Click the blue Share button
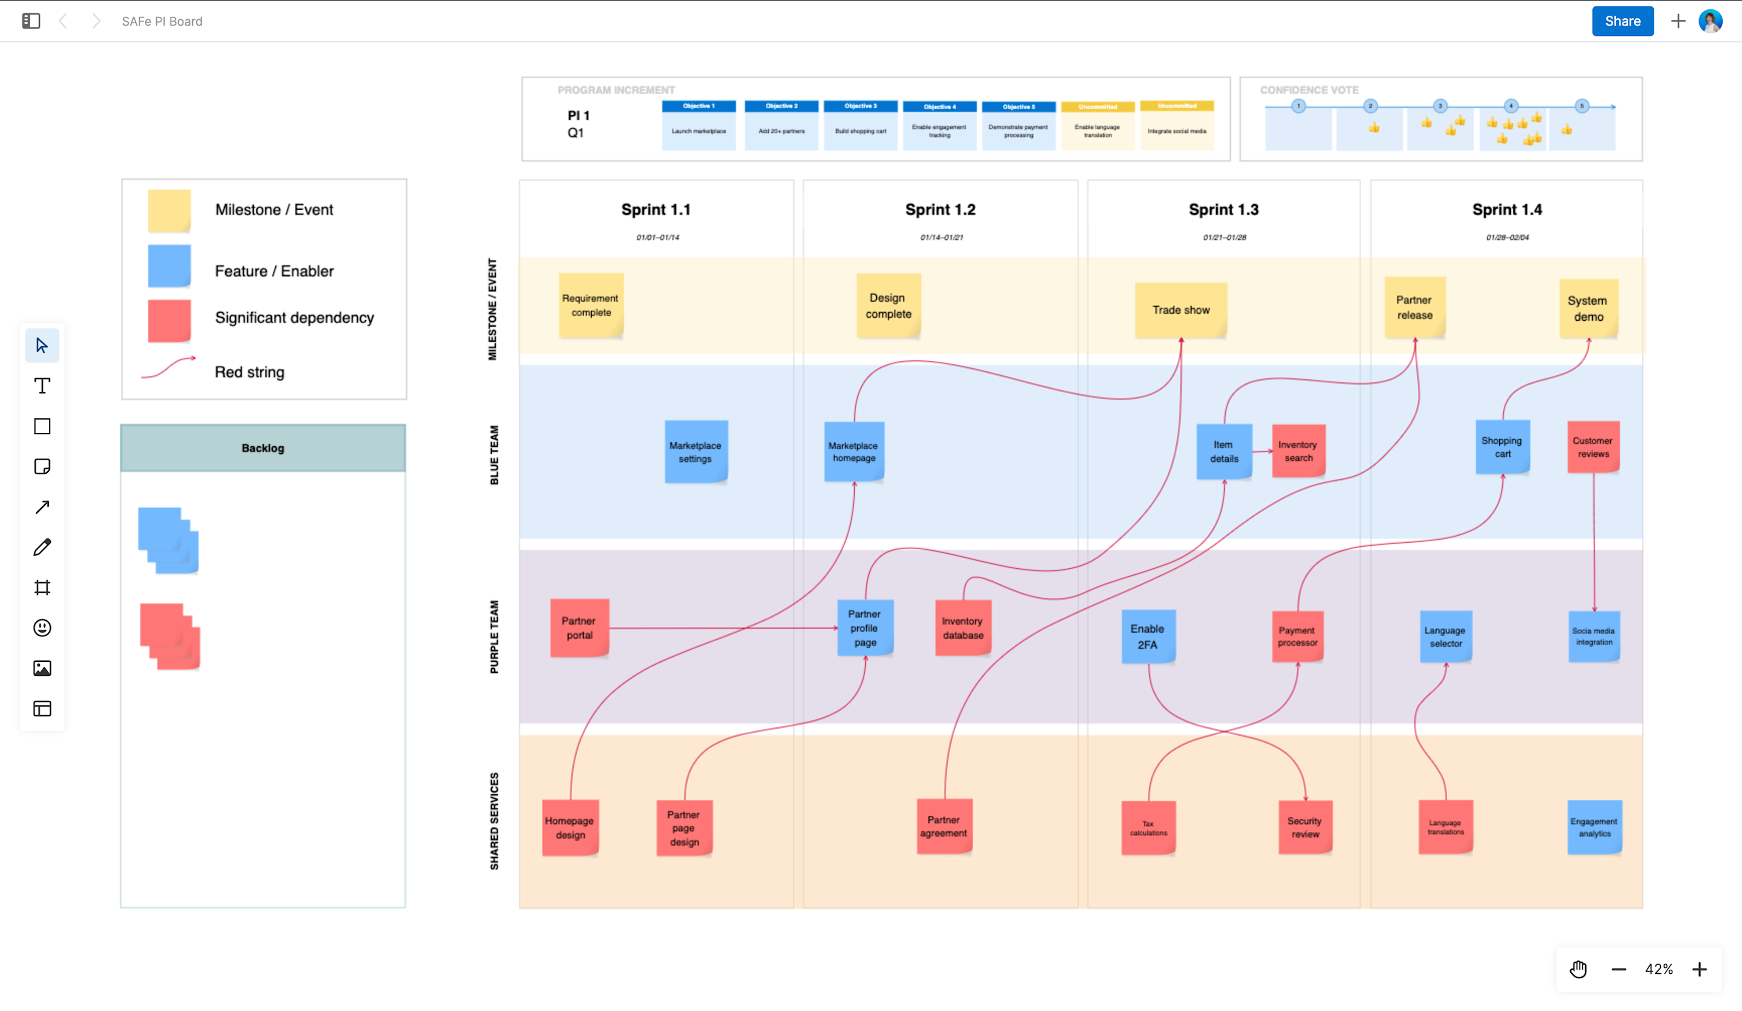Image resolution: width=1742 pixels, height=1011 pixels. [1622, 21]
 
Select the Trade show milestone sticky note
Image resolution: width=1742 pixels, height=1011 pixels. [1180, 310]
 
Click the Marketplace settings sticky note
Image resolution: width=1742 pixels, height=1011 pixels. [696, 451]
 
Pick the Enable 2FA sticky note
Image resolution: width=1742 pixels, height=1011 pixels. [1147, 636]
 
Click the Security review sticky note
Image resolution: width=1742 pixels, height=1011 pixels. [1304, 827]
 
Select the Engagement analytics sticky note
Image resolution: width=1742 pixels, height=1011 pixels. [1593, 827]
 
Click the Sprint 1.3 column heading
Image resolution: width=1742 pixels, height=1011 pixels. [1223, 210]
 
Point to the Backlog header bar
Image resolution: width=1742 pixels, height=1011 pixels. [262, 448]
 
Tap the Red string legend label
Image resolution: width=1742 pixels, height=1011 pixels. [250, 372]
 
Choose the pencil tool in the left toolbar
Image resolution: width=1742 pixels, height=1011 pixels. [42, 547]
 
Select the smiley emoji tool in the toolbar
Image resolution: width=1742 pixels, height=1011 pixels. [42, 628]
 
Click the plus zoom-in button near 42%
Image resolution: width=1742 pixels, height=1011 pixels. [1699, 970]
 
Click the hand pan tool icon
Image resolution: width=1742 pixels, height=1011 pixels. [1578, 970]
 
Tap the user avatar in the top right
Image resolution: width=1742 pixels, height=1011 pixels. [1710, 21]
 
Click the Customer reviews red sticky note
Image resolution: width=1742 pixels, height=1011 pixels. [1593, 447]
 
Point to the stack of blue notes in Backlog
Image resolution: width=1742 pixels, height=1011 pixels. [168, 540]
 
